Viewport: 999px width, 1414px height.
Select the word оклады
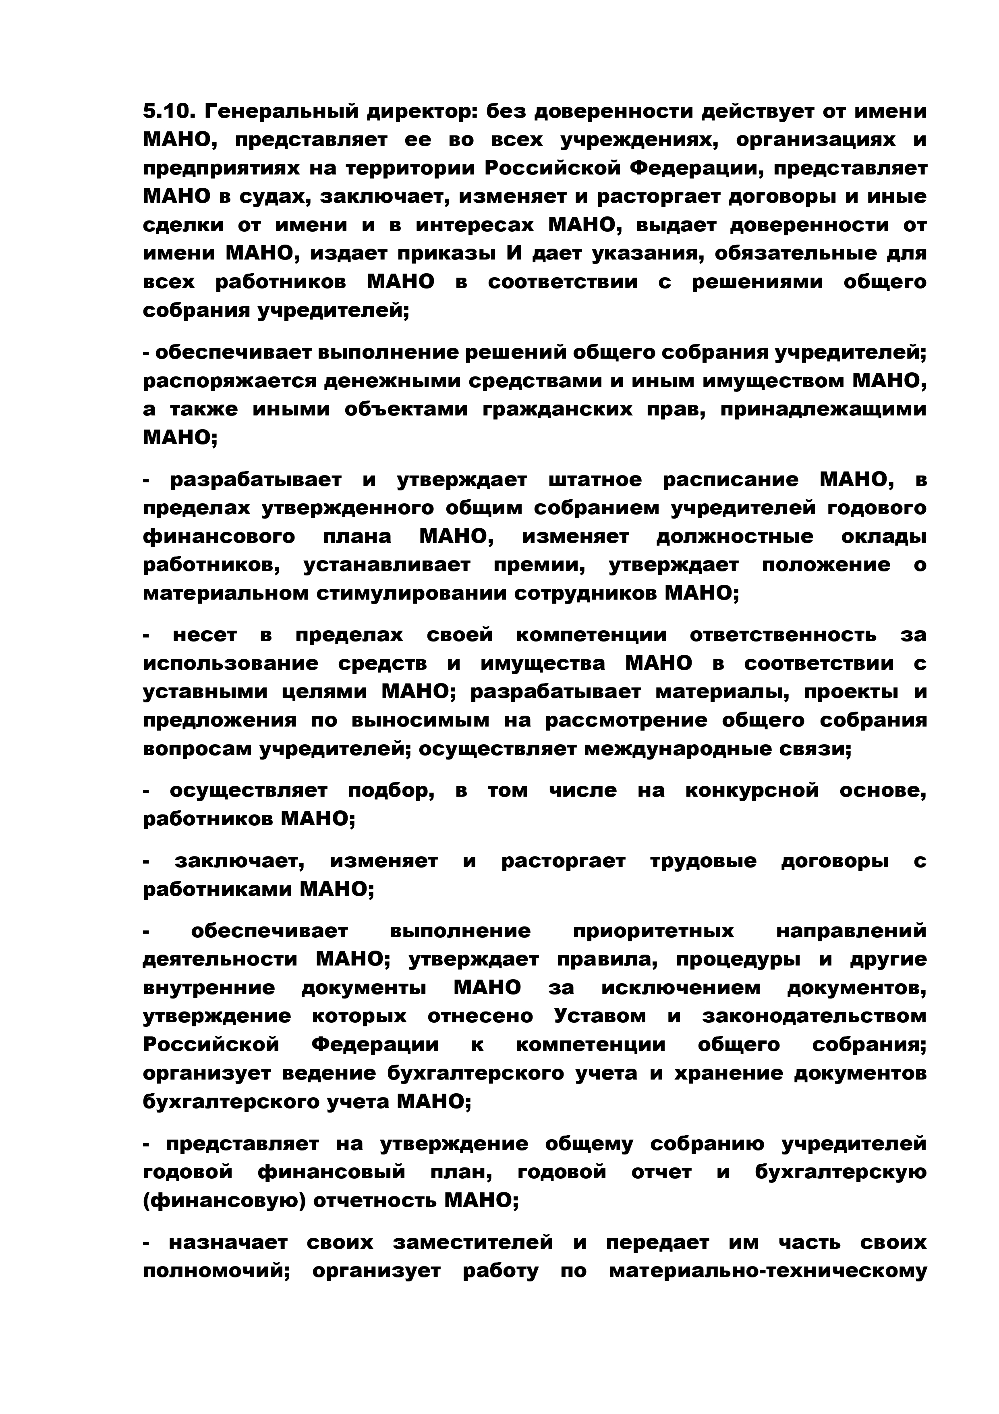(883, 537)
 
